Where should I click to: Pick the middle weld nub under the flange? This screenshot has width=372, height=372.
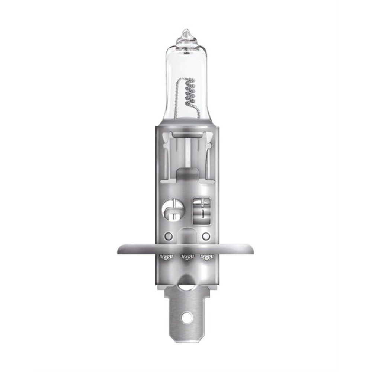click(x=186, y=257)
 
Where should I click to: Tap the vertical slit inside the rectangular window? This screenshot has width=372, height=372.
click(x=202, y=213)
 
